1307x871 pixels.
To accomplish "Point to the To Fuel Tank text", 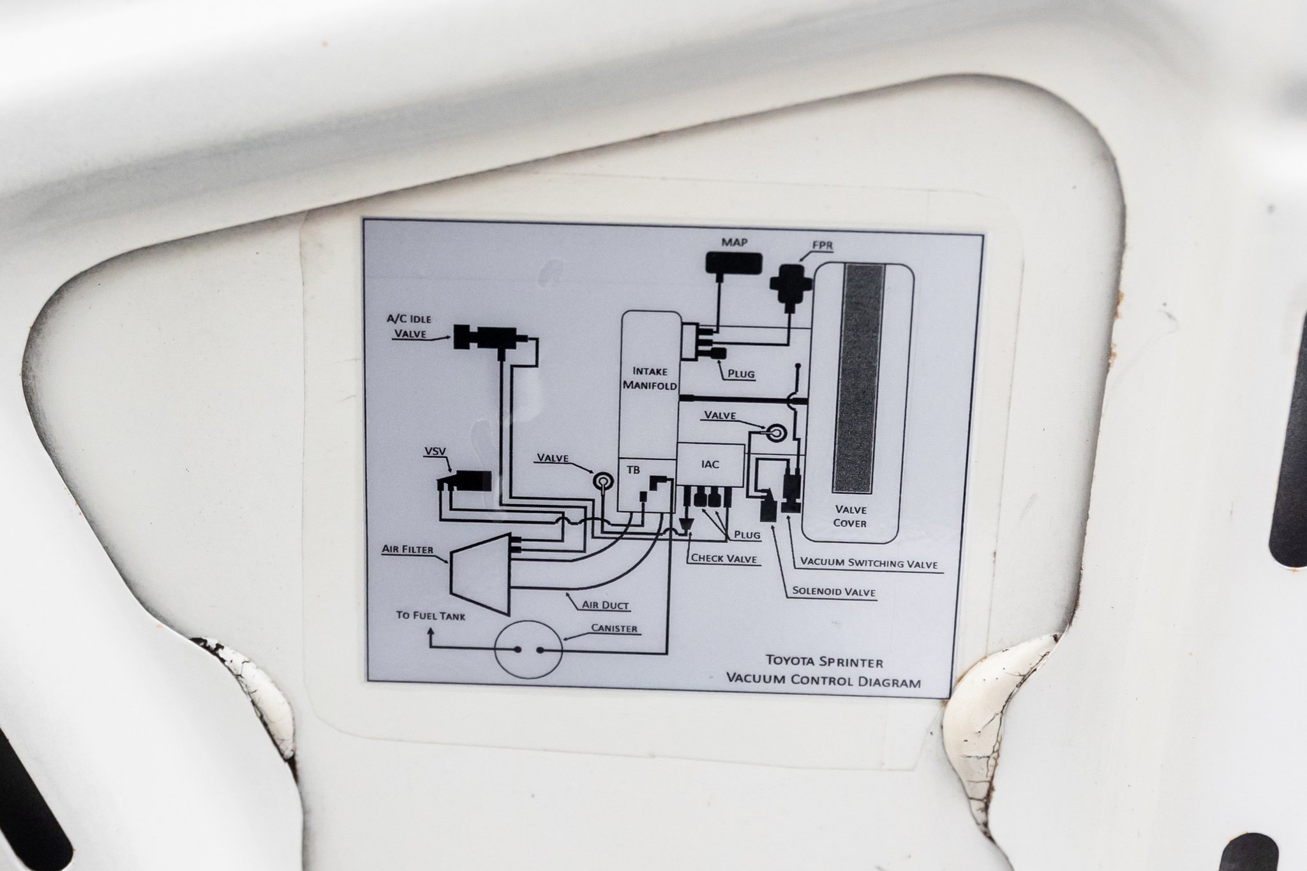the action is pyautogui.click(x=430, y=616).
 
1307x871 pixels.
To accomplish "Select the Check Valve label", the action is pyautogui.click(x=724, y=558).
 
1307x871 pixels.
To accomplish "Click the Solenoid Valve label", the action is pyautogui.click(x=833, y=592).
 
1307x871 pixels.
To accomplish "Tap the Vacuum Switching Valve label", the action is pyautogui.click(x=869, y=563).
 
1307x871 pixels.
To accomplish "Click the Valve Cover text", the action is pyautogui.click(x=850, y=516).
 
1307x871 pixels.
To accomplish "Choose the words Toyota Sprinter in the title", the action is pyautogui.click(x=825, y=662).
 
